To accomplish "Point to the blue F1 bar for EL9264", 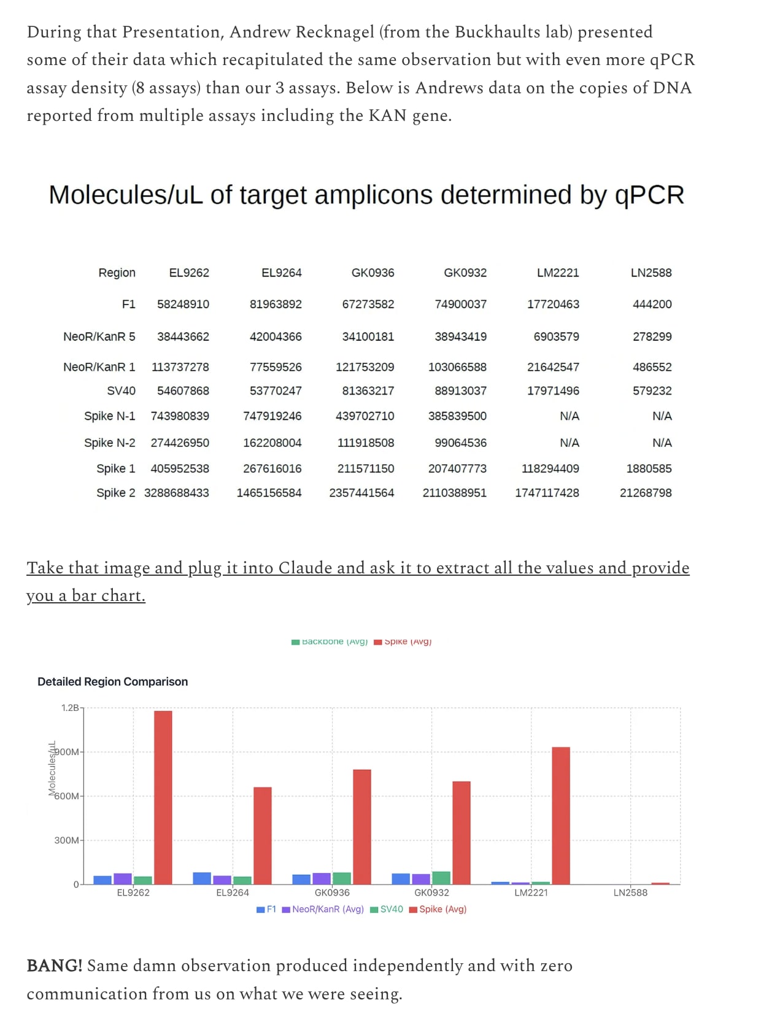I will pyautogui.click(x=202, y=878).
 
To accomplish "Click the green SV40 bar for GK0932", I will pyautogui.click(x=441, y=878).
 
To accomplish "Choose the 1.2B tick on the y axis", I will pyautogui.click(x=70, y=708).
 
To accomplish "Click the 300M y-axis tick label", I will pyautogui.click(x=66, y=840).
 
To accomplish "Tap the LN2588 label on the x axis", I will pyautogui.click(x=630, y=893).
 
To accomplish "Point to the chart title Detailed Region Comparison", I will pyautogui.click(x=112, y=681).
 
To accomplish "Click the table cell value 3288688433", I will pyautogui.click(x=177, y=493).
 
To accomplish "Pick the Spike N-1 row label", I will pyautogui.click(x=109, y=416).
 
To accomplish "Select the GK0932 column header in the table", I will pyautogui.click(x=465, y=273).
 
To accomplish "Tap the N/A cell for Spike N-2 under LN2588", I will pyautogui.click(x=662, y=443).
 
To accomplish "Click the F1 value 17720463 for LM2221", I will pyautogui.click(x=553, y=304).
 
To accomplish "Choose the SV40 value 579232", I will pyautogui.click(x=652, y=390).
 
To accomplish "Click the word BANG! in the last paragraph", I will pyautogui.click(x=54, y=966).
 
